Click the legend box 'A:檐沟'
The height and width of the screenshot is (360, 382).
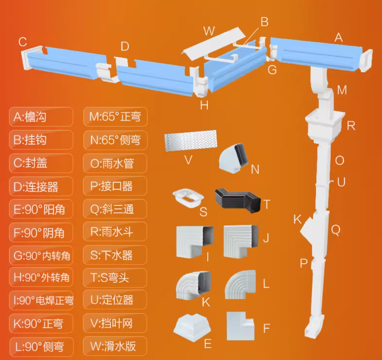[x=41, y=117]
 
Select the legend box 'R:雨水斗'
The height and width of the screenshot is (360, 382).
[x=115, y=231]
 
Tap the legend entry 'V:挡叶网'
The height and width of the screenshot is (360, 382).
[x=115, y=323]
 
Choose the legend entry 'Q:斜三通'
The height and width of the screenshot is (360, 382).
[x=115, y=209]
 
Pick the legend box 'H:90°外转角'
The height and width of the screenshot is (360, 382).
[x=41, y=277]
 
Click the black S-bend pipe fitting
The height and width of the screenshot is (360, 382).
[x=238, y=200]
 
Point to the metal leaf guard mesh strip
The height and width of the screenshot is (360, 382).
[x=190, y=141]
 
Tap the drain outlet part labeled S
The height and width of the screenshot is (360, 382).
[x=188, y=198]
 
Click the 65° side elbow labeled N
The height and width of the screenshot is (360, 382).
[x=233, y=158]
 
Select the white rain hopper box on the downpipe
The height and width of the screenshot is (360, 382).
[x=325, y=127]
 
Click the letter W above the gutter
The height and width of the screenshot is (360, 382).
[x=209, y=31]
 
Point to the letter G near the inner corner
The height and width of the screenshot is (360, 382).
[x=272, y=70]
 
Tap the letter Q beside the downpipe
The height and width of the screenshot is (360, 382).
[x=336, y=230]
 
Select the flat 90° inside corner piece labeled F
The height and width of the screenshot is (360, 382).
[x=240, y=326]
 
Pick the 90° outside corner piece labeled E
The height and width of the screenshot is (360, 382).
[x=192, y=327]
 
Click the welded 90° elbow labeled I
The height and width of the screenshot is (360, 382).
[x=195, y=242]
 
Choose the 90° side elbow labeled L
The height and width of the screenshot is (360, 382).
[x=240, y=284]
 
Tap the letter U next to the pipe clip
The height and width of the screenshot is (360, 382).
[x=341, y=182]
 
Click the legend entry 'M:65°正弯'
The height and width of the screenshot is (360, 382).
[x=115, y=117]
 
